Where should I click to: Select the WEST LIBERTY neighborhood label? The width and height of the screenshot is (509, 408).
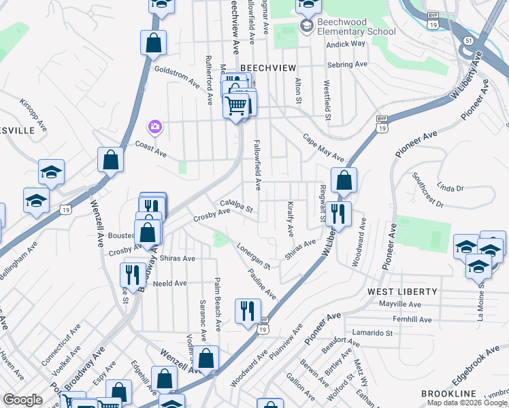click(x=402, y=291)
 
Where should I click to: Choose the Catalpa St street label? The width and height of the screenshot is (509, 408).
click(x=236, y=205)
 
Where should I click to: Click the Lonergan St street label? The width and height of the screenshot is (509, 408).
click(x=254, y=255)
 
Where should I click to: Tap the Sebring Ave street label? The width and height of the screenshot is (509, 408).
click(x=347, y=65)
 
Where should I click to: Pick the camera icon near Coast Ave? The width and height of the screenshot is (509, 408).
click(x=155, y=126)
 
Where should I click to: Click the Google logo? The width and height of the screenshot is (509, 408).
click(x=22, y=400)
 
